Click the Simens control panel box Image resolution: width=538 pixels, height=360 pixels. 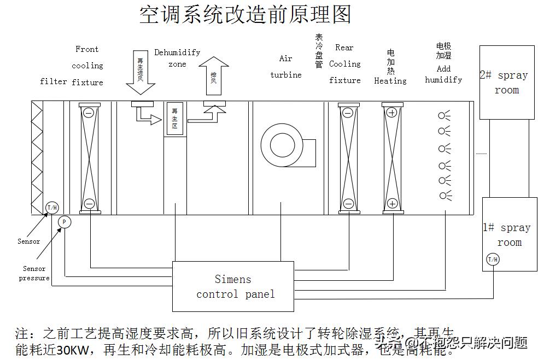click(233, 287)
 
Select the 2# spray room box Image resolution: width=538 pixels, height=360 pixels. click(506, 82)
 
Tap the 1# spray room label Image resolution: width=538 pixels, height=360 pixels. click(508, 235)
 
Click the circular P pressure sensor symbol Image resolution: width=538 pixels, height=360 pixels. click(65, 222)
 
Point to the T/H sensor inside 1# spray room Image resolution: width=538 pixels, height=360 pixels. click(493, 259)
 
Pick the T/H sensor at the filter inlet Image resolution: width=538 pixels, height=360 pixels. click(52, 208)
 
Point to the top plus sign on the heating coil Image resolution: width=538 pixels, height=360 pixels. click(392, 113)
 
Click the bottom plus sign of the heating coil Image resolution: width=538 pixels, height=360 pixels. click(392, 203)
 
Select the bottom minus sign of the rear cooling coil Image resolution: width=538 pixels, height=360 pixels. click(348, 203)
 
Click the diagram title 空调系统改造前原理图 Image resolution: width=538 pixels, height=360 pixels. click(245, 15)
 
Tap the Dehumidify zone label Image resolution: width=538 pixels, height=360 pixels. click(177, 58)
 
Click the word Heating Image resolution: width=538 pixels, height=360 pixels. click(390, 81)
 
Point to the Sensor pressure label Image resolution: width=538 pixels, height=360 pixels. click(34, 273)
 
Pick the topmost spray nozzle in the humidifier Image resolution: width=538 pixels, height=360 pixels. click(443, 115)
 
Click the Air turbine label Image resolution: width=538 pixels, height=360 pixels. click(286, 67)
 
